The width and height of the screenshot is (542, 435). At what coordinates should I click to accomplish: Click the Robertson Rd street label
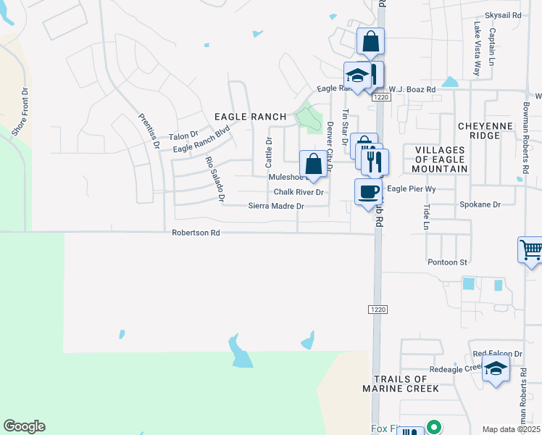point(196,233)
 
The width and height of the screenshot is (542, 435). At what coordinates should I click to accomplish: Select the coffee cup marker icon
point(368,191)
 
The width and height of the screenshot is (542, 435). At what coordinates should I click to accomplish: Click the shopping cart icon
point(531,251)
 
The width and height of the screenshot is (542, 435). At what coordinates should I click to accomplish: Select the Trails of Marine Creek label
point(406,384)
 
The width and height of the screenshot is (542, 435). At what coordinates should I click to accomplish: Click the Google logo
point(24,426)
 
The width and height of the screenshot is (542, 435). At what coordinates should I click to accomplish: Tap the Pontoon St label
point(448,262)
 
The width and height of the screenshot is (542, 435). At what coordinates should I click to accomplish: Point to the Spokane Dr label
point(480,205)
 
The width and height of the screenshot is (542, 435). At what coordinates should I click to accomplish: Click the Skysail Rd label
point(503,14)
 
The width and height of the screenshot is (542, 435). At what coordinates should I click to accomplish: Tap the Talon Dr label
point(183,136)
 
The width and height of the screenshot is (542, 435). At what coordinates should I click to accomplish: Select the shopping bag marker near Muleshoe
point(313,162)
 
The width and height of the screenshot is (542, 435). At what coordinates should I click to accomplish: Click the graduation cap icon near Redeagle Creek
point(496,368)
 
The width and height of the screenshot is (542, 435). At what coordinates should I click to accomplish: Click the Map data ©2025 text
point(511,429)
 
